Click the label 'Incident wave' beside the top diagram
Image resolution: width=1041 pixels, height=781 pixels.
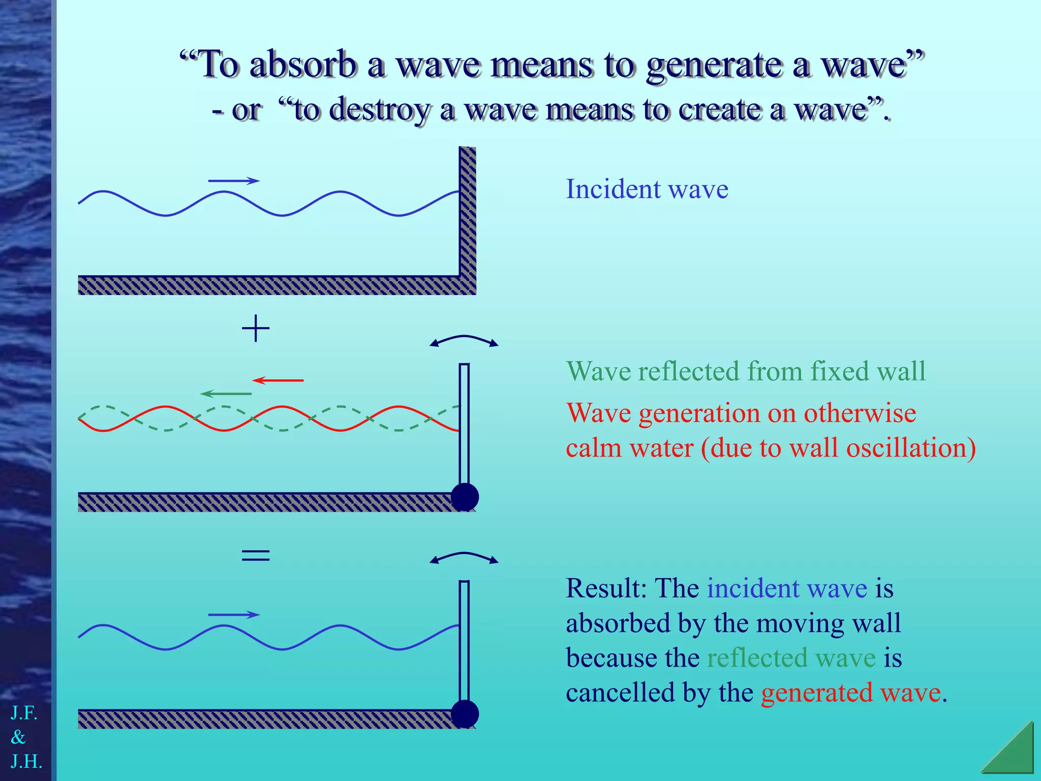[647, 189]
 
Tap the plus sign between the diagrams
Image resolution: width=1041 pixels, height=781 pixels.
[255, 328]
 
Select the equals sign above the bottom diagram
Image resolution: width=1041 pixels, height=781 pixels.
[255, 555]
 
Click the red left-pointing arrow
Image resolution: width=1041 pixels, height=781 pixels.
[278, 380]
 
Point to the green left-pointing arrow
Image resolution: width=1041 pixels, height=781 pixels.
[226, 394]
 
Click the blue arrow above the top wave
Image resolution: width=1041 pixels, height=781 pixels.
[234, 181]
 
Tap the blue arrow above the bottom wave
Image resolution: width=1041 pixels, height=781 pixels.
[234, 615]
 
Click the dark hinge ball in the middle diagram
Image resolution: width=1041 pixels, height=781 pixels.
[465, 497]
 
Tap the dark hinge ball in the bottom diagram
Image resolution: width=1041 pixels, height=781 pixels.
[465, 714]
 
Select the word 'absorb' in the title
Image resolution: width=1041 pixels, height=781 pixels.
[303, 65]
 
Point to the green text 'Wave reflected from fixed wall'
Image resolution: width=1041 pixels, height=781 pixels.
[746, 371]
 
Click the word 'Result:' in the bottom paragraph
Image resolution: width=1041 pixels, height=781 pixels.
[606, 588]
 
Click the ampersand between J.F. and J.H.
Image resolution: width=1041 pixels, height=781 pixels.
[18, 737]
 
